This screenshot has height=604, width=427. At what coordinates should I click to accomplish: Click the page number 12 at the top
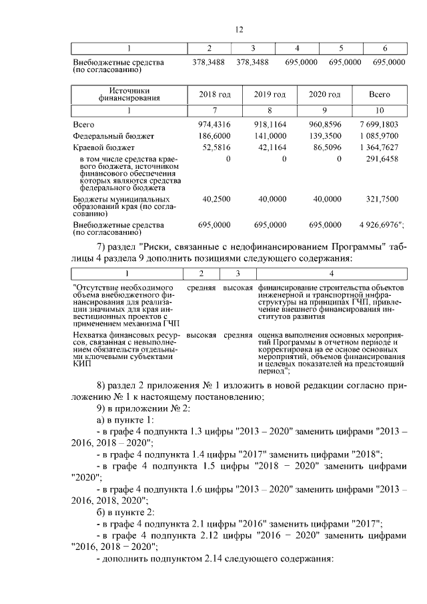pyautogui.click(x=240, y=29)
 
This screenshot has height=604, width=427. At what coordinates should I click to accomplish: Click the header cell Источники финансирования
pyautogui.click(x=129, y=95)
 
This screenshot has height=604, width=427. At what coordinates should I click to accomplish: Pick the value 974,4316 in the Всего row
pyautogui.click(x=214, y=124)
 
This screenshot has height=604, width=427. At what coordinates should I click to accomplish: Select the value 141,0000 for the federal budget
pyautogui.click(x=270, y=135)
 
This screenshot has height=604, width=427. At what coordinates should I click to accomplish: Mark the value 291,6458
pyautogui.click(x=382, y=159)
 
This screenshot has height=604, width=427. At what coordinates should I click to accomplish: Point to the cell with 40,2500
pyautogui.click(x=214, y=198)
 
